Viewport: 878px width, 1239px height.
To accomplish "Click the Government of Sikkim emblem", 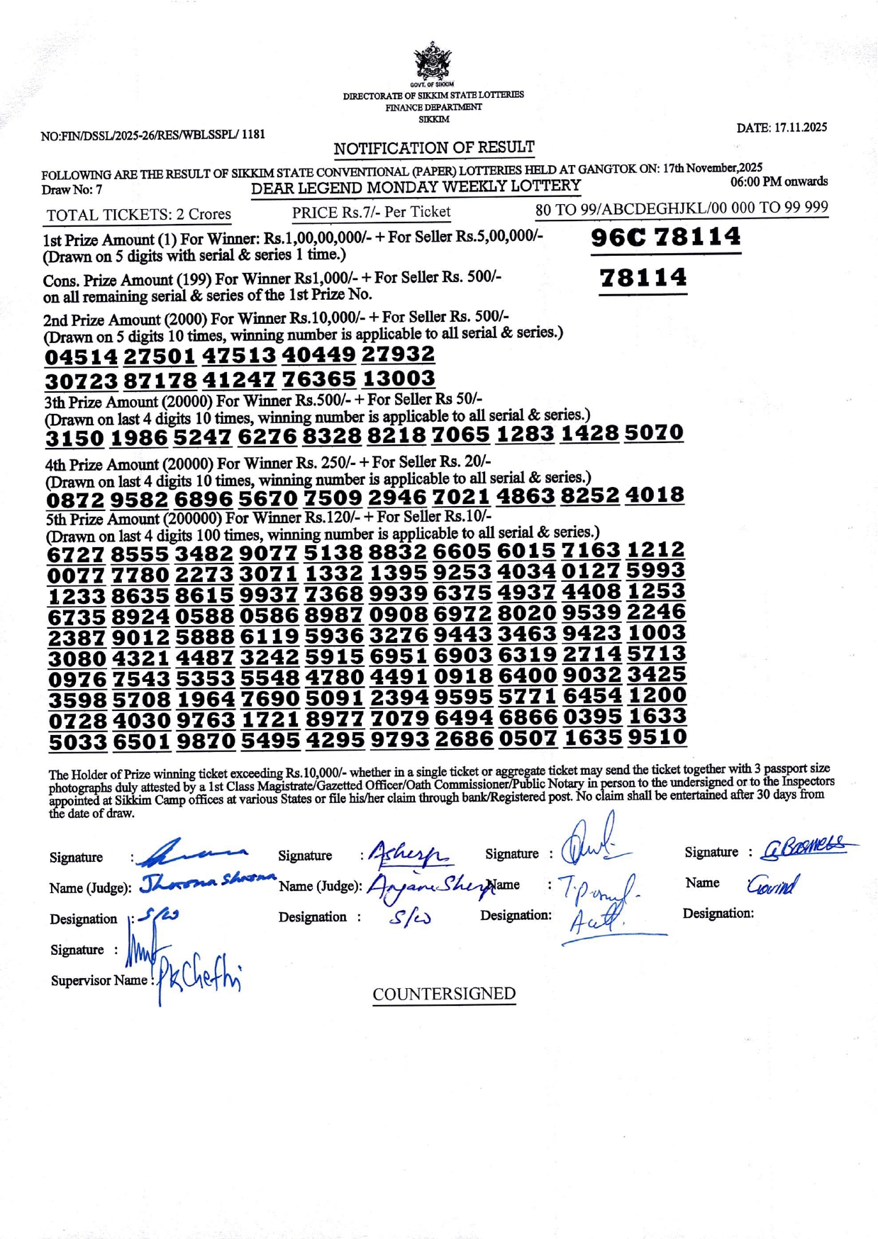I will click(x=432, y=62).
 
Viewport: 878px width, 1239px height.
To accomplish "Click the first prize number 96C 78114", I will click(x=665, y=237).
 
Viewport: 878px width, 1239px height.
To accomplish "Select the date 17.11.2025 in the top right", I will click(x=782, y=128).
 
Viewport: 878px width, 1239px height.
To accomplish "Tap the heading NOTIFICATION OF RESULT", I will click(x=434, y=147).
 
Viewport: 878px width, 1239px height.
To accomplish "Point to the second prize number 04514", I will click(x=81, y=357).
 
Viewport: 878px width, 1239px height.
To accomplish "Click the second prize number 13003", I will click(x=398, y=378).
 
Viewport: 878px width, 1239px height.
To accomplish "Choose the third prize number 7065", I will click(x=461, y=434).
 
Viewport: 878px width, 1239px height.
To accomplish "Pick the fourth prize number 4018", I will click(x=654, y=495).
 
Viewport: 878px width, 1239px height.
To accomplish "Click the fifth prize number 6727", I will click(x=76, y=554).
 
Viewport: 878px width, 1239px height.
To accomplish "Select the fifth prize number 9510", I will click(x=657, y=737).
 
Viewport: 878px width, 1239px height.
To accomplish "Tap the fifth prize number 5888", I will click(x=204, y=636).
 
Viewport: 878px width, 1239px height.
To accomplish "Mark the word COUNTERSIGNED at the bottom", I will click(x=444, y=994).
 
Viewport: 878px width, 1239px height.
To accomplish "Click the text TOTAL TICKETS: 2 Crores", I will click(x=138, y=214).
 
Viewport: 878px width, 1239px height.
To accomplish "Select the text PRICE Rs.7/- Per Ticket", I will click(x=371, y=211).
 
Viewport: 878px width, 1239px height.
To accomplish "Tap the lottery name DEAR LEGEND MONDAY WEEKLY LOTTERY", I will click(x=416, y=187).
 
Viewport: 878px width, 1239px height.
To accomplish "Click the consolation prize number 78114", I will click(x=643, y=277).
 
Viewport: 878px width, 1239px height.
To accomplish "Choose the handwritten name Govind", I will click(x=772, y=884).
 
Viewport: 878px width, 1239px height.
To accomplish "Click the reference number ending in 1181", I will click(x=153, y=134).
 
